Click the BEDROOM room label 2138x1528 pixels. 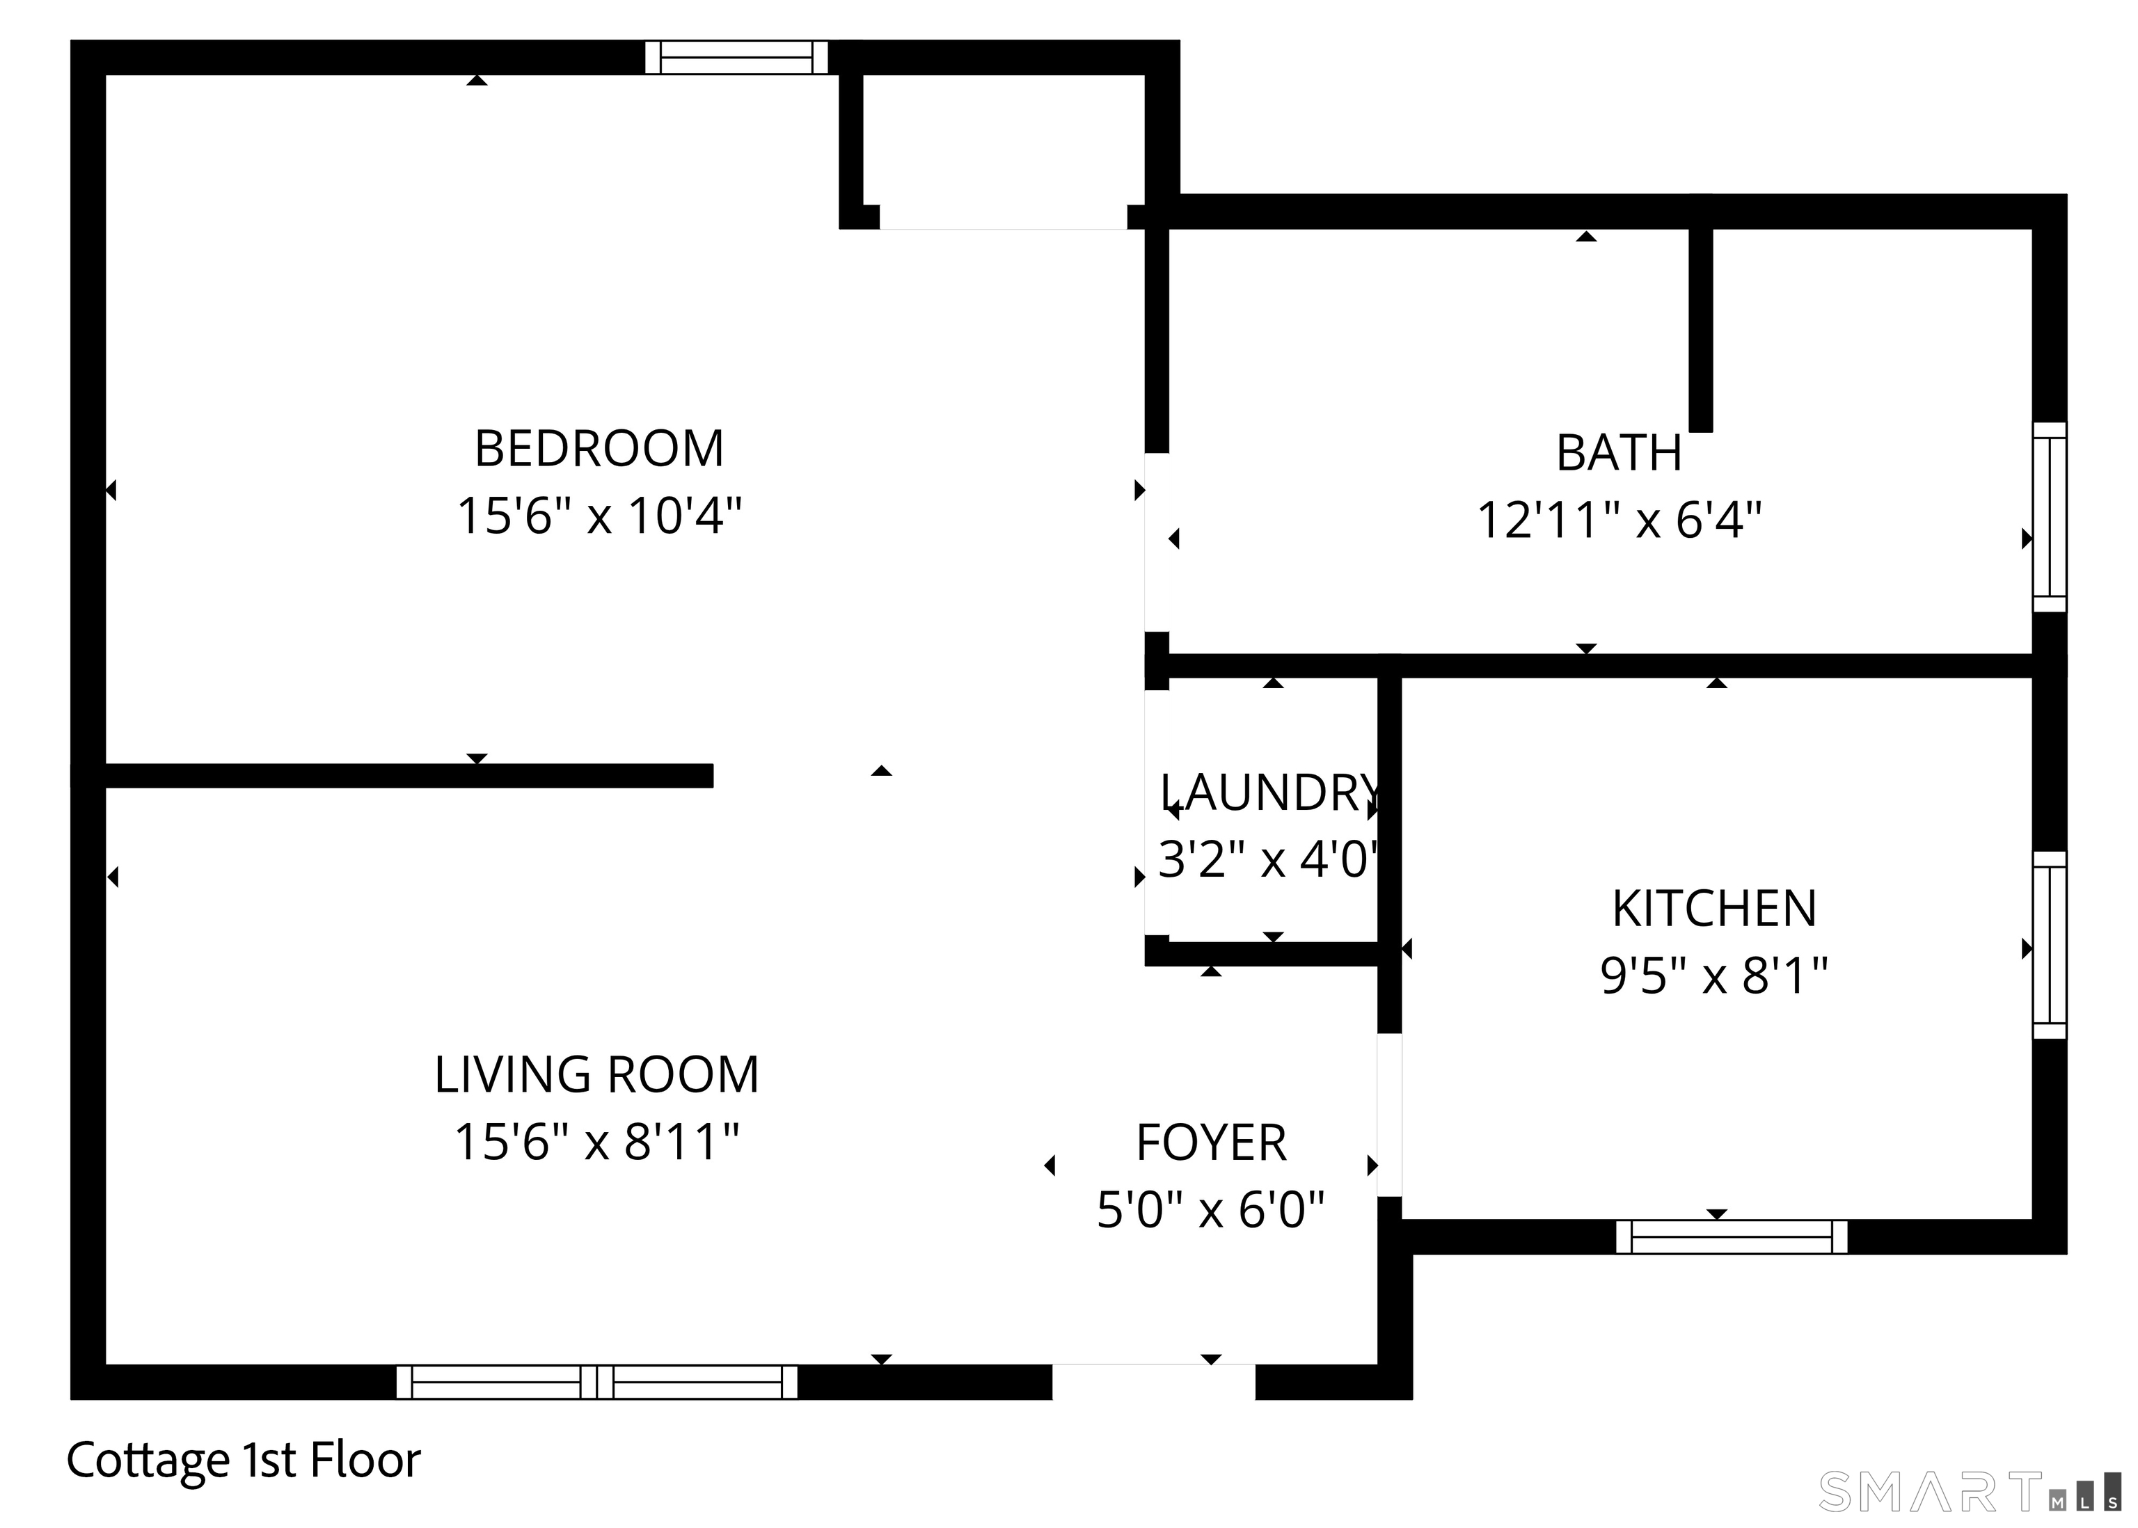click(x=599, y=449)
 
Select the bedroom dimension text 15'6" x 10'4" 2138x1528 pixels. click(x=599, y=516)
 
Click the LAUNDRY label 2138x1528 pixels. click(x=1270, y=793)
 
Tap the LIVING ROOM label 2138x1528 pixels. click(x=596, y=1074)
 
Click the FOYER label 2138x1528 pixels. click(x=1210, y=1143)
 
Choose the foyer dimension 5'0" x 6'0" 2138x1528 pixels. click(x=1210, y=1210)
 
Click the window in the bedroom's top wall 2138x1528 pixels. click(x=736, y=57)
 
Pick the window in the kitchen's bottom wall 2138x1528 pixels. click(x=1731, y=1236)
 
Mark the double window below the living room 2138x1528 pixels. click(x=596, y=1382)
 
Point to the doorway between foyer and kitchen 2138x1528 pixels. click(x=1389, y=1115)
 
